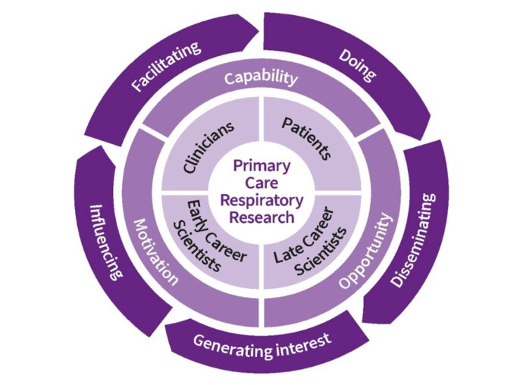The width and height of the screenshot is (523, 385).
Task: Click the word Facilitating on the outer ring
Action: click(x=167, y=67)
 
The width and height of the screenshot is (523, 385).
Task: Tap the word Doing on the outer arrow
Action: click(x=357, y=66)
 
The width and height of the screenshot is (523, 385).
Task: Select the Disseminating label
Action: click(x=415, y=241)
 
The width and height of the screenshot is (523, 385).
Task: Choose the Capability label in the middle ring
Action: click(x=261, y=78)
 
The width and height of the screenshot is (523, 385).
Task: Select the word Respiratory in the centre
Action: click(x=261, y=201)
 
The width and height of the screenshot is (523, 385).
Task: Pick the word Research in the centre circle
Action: click(x=261, y=218)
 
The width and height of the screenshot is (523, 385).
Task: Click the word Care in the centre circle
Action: click(x=261, y=183)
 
